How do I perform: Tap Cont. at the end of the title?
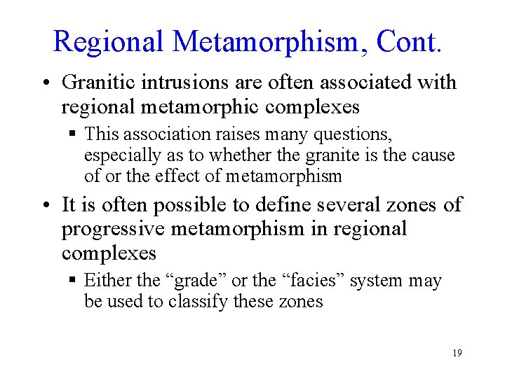pyautogui.click(x=409, y=42)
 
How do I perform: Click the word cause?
pyautogui.click(x=436, y=155)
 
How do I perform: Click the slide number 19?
pyautogui.click(x=457, y=353)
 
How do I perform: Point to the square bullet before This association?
pyautogui.click(x=73, y=134)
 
